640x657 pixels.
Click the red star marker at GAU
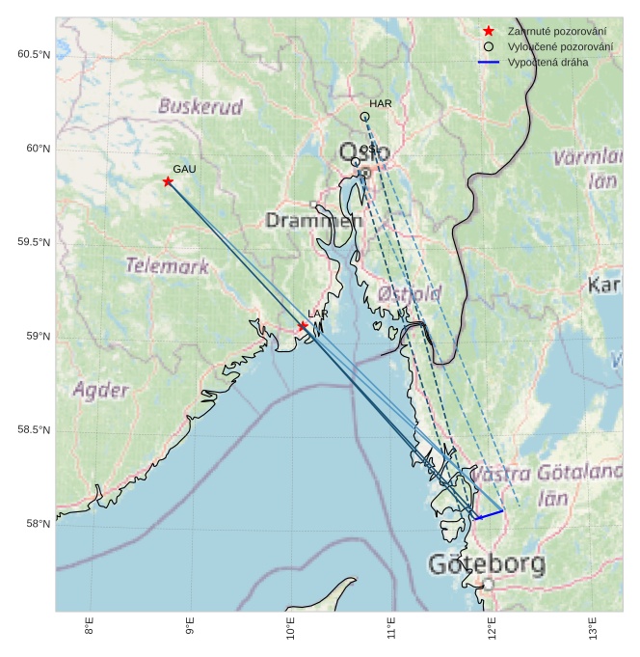[168, 181]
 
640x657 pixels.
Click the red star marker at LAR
[303, 326]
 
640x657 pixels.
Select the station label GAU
[184, 169]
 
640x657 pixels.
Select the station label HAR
[380, 103]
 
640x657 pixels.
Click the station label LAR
[318, 315]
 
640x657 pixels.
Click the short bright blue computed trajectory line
[490, 514]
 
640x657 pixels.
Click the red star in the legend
[489, 32]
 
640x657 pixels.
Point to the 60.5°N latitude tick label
[33, 54]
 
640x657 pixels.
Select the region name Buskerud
[200, 106]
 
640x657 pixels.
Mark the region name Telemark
[167, 266]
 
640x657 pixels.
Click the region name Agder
[100, 390]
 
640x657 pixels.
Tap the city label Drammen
[314, 221]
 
